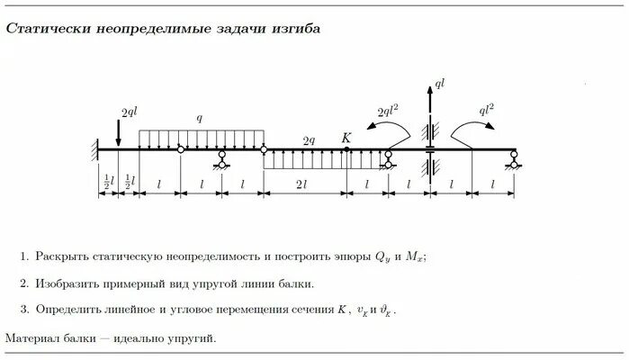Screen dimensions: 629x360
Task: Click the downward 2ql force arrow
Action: [x=119, y=132]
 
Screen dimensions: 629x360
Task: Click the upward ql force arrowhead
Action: [x=428, y=87]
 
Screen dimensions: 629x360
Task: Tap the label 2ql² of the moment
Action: [x=390, y=112]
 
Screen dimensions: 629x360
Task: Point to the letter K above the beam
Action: [x=346, y=138]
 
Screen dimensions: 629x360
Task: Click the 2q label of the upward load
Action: [x=309, y=140]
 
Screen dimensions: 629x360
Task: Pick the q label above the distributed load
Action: [x=201, y=118]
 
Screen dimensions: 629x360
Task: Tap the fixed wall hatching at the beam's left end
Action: [x=94, y=149]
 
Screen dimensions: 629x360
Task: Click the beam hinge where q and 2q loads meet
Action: [x=263, y=149]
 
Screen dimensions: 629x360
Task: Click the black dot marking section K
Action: [x=346, y=149]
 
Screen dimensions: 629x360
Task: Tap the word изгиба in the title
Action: [x=296, y=29]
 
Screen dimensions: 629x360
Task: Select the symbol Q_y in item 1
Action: [x=382, y=256]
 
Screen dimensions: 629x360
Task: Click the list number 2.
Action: [x=23, y=283]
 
